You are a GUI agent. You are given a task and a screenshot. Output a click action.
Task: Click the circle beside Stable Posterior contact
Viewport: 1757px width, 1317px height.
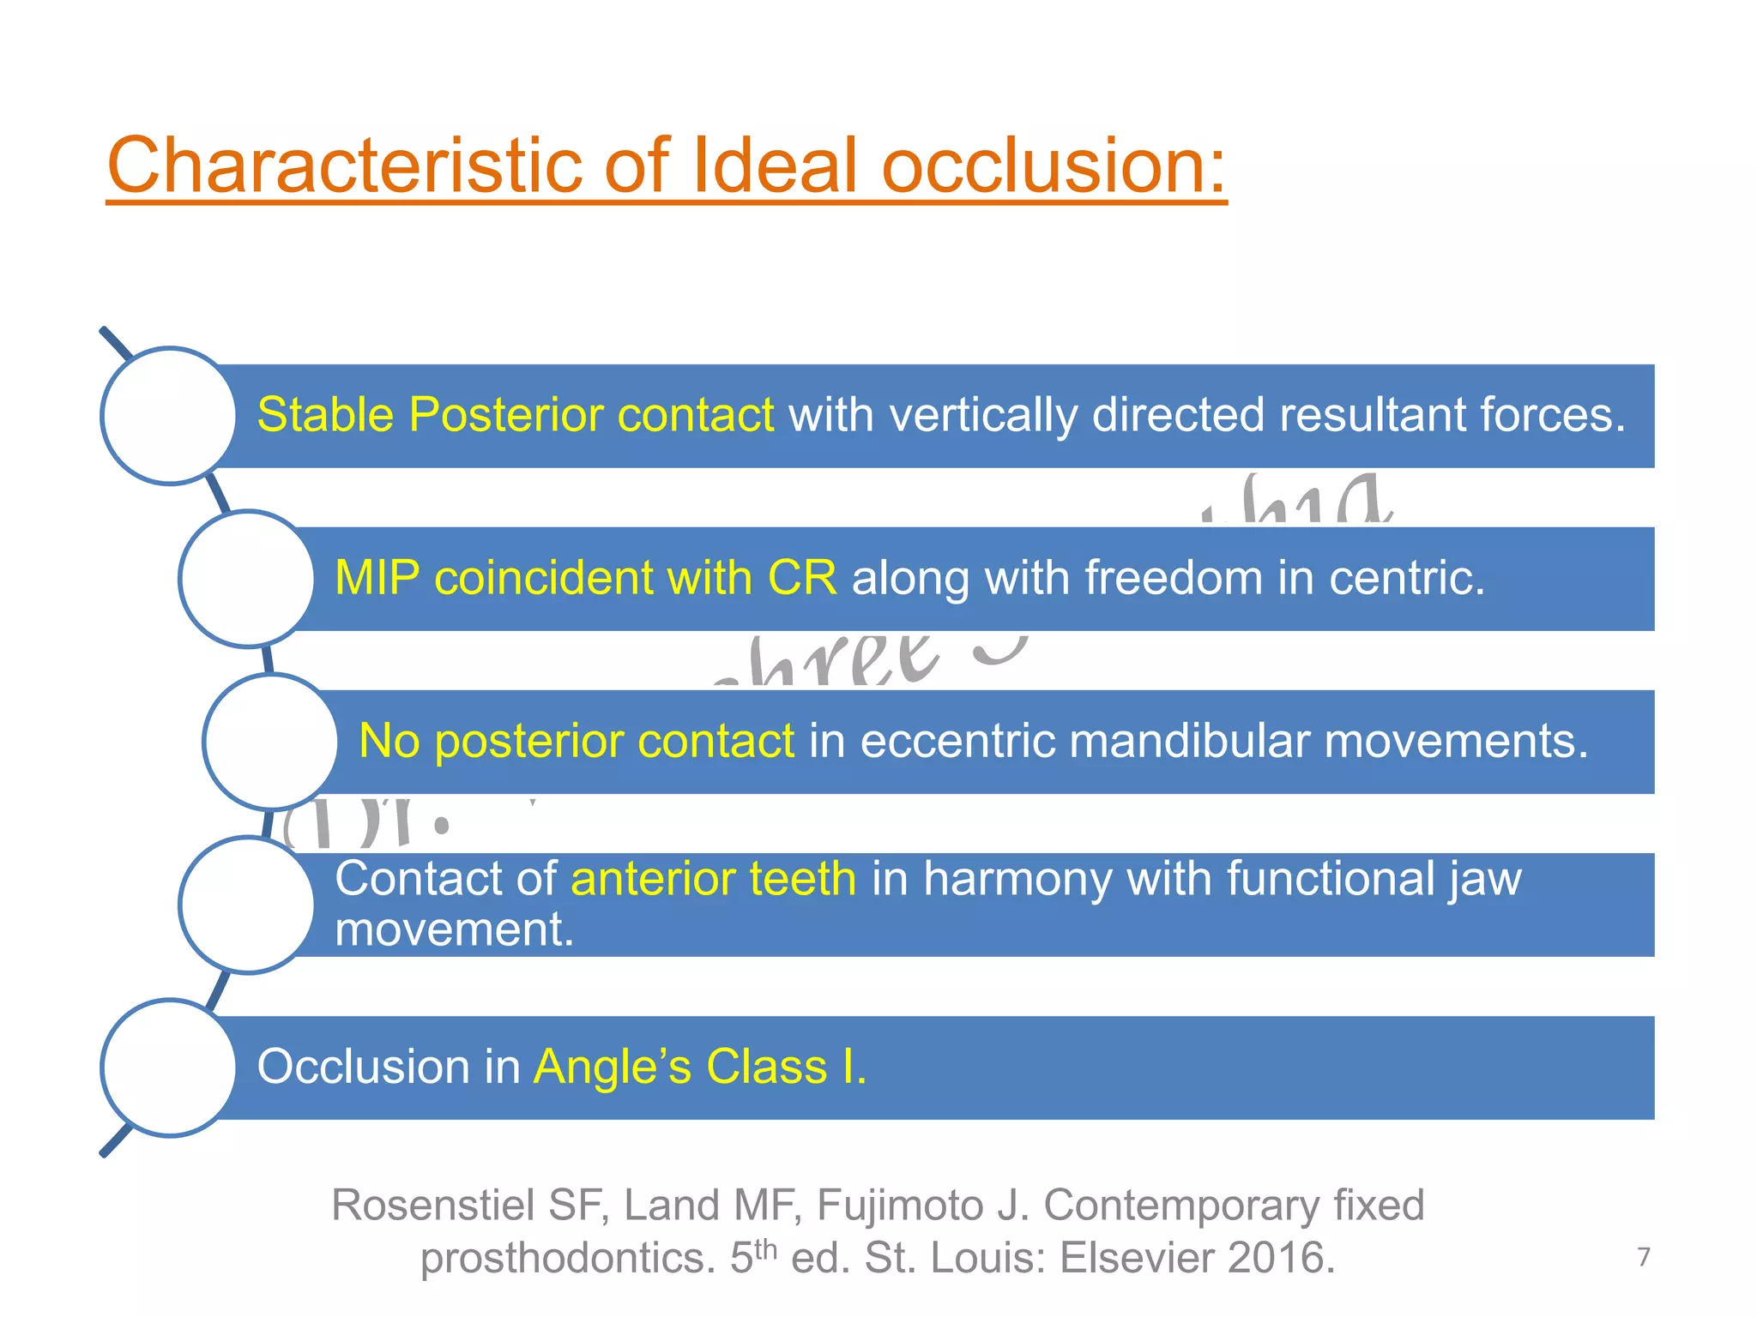(x=169, y=416)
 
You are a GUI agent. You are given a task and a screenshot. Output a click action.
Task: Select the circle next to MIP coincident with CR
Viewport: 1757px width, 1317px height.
(x=247, y=579)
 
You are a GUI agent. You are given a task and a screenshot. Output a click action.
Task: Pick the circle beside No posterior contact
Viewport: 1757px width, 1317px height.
(x=271, y=742)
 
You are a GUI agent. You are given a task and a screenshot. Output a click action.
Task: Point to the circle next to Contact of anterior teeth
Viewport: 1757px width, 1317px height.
(x=247, y=905)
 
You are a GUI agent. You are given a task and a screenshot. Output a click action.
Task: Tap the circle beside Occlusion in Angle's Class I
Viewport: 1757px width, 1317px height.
(x=169, y=1067)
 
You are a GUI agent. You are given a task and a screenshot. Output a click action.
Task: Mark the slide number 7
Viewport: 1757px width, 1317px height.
(x=1643, y=1257)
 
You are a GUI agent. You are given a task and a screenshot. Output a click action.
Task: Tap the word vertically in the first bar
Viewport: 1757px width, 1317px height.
(x=982, y=416)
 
